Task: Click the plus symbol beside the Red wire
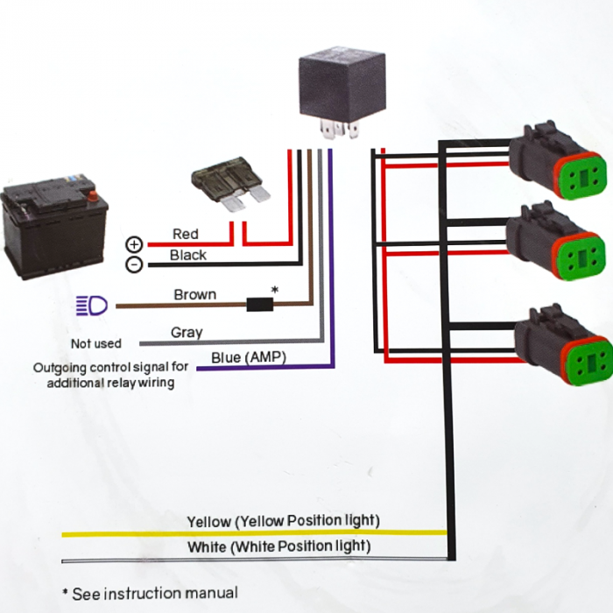tap(134, 244)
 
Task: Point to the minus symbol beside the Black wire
tap(134, 264)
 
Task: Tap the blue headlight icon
tap(92, 305)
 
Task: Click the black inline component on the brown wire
tap(259, 305)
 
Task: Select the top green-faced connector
tap(557, 166)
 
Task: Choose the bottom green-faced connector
tap(560, 348)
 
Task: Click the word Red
tap(186, 234)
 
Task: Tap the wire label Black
tap(188, 255)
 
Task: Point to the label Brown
tap(194, 294)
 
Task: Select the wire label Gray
tap(187, 332)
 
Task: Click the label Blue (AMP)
tap(249, 356)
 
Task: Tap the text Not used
tap(96, 343)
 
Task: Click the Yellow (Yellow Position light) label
tap(283, 521)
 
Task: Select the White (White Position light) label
tap(278, 546)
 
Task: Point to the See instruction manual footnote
tap(150, 593)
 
